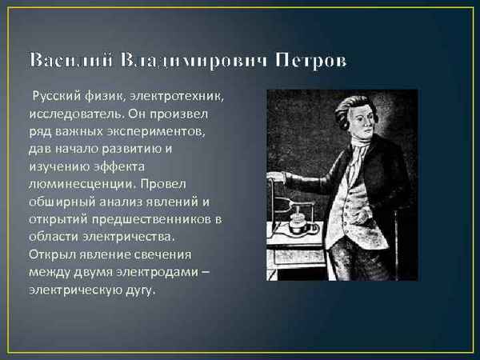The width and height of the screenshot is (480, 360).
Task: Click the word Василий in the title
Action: point(71,62)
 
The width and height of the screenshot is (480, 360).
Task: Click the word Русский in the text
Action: point(55,98)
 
